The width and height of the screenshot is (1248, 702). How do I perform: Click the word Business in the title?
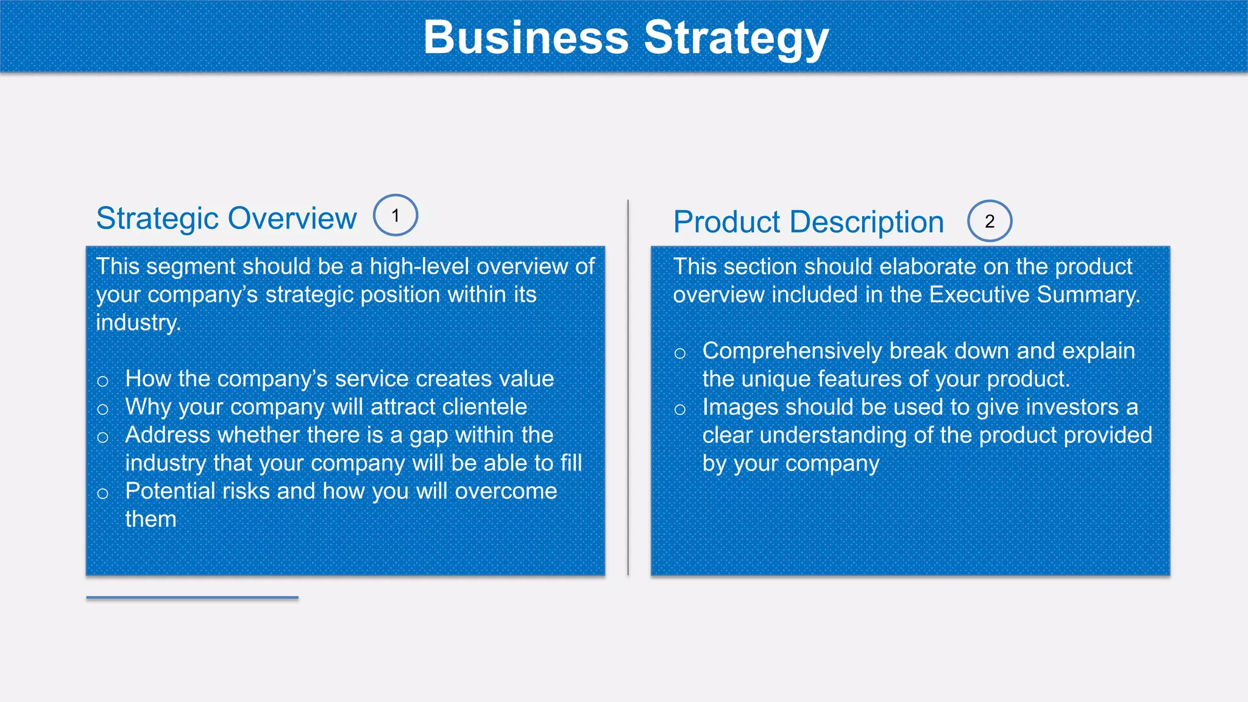[x=525, y=38]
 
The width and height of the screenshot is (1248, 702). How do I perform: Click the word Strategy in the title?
[x=736, y=38]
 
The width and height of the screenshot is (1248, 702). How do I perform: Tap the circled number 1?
[x=395, y=216]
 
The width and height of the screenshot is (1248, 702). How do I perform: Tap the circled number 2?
[x=990, y=221]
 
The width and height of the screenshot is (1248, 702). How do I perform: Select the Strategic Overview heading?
[x=226, y=218]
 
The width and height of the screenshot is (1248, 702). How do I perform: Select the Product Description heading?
[x=808, y=222]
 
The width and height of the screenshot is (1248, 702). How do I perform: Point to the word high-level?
[x=420, y=267]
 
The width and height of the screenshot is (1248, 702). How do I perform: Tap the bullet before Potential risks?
[x=102, y=494]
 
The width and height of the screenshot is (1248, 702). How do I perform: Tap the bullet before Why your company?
[x=102, y=409]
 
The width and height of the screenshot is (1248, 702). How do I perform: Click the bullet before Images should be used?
[x=680, y=409]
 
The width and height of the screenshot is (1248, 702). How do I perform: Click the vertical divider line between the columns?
[x=628, y=388]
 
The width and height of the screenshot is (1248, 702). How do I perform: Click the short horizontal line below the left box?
[x=192, y=598]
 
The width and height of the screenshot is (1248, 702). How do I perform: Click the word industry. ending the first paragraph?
[x=138, y=323]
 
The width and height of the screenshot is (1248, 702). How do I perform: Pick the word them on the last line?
[x=151, y=520]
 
